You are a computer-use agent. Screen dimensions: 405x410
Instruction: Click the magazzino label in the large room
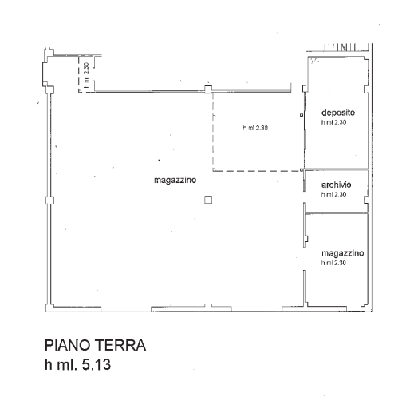point(175,181)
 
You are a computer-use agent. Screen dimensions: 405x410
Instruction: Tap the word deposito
point(337,113)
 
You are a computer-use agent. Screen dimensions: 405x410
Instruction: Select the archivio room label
point(336,185)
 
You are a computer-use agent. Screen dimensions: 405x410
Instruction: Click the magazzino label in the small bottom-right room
point(342,252)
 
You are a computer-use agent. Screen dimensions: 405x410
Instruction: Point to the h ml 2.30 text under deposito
point(334,123)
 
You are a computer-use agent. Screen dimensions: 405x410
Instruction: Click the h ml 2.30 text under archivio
point(334,194)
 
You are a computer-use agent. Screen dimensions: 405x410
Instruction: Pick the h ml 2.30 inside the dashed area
point(256,129)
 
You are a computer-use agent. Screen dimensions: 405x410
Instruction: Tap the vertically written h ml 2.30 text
point(85,74)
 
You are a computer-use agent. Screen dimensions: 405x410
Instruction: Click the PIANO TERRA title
point(95,347)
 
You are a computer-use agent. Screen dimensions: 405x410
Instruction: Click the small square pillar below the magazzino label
point(207,201)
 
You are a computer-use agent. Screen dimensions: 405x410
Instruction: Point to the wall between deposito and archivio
point(335,169)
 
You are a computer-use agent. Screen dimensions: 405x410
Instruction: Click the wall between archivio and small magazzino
point(335,213)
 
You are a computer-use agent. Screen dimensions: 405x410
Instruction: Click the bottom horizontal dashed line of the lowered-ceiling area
point(255,170)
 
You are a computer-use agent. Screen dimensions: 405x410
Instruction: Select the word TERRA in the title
point(120,347)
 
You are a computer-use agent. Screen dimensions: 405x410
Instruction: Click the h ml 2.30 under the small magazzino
point(334,262)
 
